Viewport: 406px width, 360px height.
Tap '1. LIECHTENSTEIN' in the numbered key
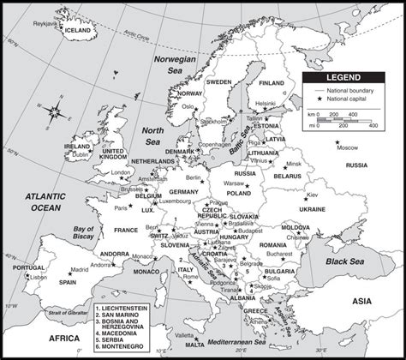click(129, 307)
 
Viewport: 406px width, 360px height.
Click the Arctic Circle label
click(130, 34)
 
